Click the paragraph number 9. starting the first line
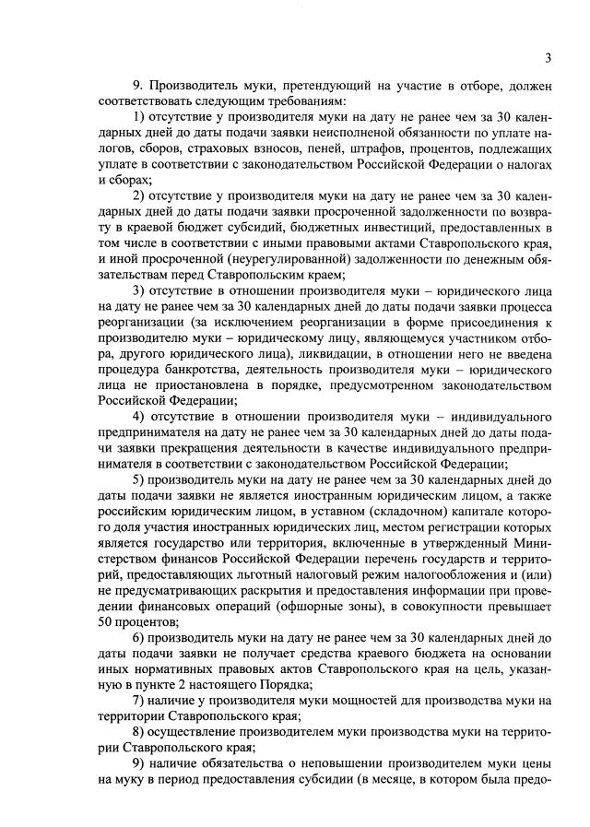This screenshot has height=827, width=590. pos(139,85)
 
